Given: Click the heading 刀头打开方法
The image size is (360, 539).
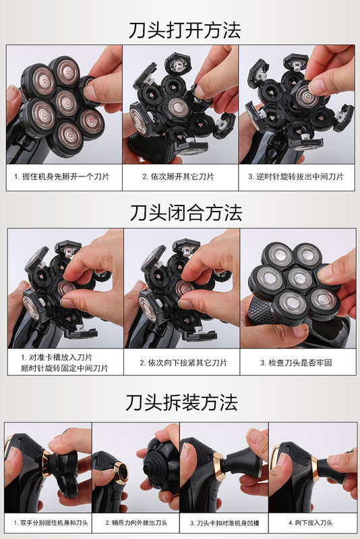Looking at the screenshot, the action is click(185, 30).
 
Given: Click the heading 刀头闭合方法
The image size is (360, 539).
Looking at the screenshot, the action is click(186, 213).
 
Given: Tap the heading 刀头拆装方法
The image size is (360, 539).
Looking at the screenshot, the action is click(181, 402).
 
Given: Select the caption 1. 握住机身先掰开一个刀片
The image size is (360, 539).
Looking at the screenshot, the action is click(62, 177).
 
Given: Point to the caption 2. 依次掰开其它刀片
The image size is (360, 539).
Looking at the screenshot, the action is click(178, 177).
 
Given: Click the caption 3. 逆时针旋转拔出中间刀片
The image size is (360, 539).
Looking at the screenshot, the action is click(296, 177).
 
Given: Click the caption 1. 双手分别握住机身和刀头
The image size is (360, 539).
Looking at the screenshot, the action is click(51, 523).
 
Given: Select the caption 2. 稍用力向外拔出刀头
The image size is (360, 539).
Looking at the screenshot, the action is click(136, 523).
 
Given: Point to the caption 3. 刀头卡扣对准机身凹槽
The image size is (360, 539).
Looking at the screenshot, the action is click(225, 524).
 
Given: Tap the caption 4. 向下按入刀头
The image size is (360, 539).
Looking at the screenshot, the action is click(311, 523).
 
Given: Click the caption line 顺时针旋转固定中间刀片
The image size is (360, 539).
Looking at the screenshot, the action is click(64, 368).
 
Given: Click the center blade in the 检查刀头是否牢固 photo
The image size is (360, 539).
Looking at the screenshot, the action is click(299, 278).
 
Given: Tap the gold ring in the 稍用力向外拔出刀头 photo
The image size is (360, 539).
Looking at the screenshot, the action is click(121, 473).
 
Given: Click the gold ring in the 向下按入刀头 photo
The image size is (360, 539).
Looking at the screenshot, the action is click(315, 468).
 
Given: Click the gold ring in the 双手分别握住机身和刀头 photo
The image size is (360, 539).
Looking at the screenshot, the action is click(47, 464).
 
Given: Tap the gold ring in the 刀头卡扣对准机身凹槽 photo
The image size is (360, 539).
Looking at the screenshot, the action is click(219, 466).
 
